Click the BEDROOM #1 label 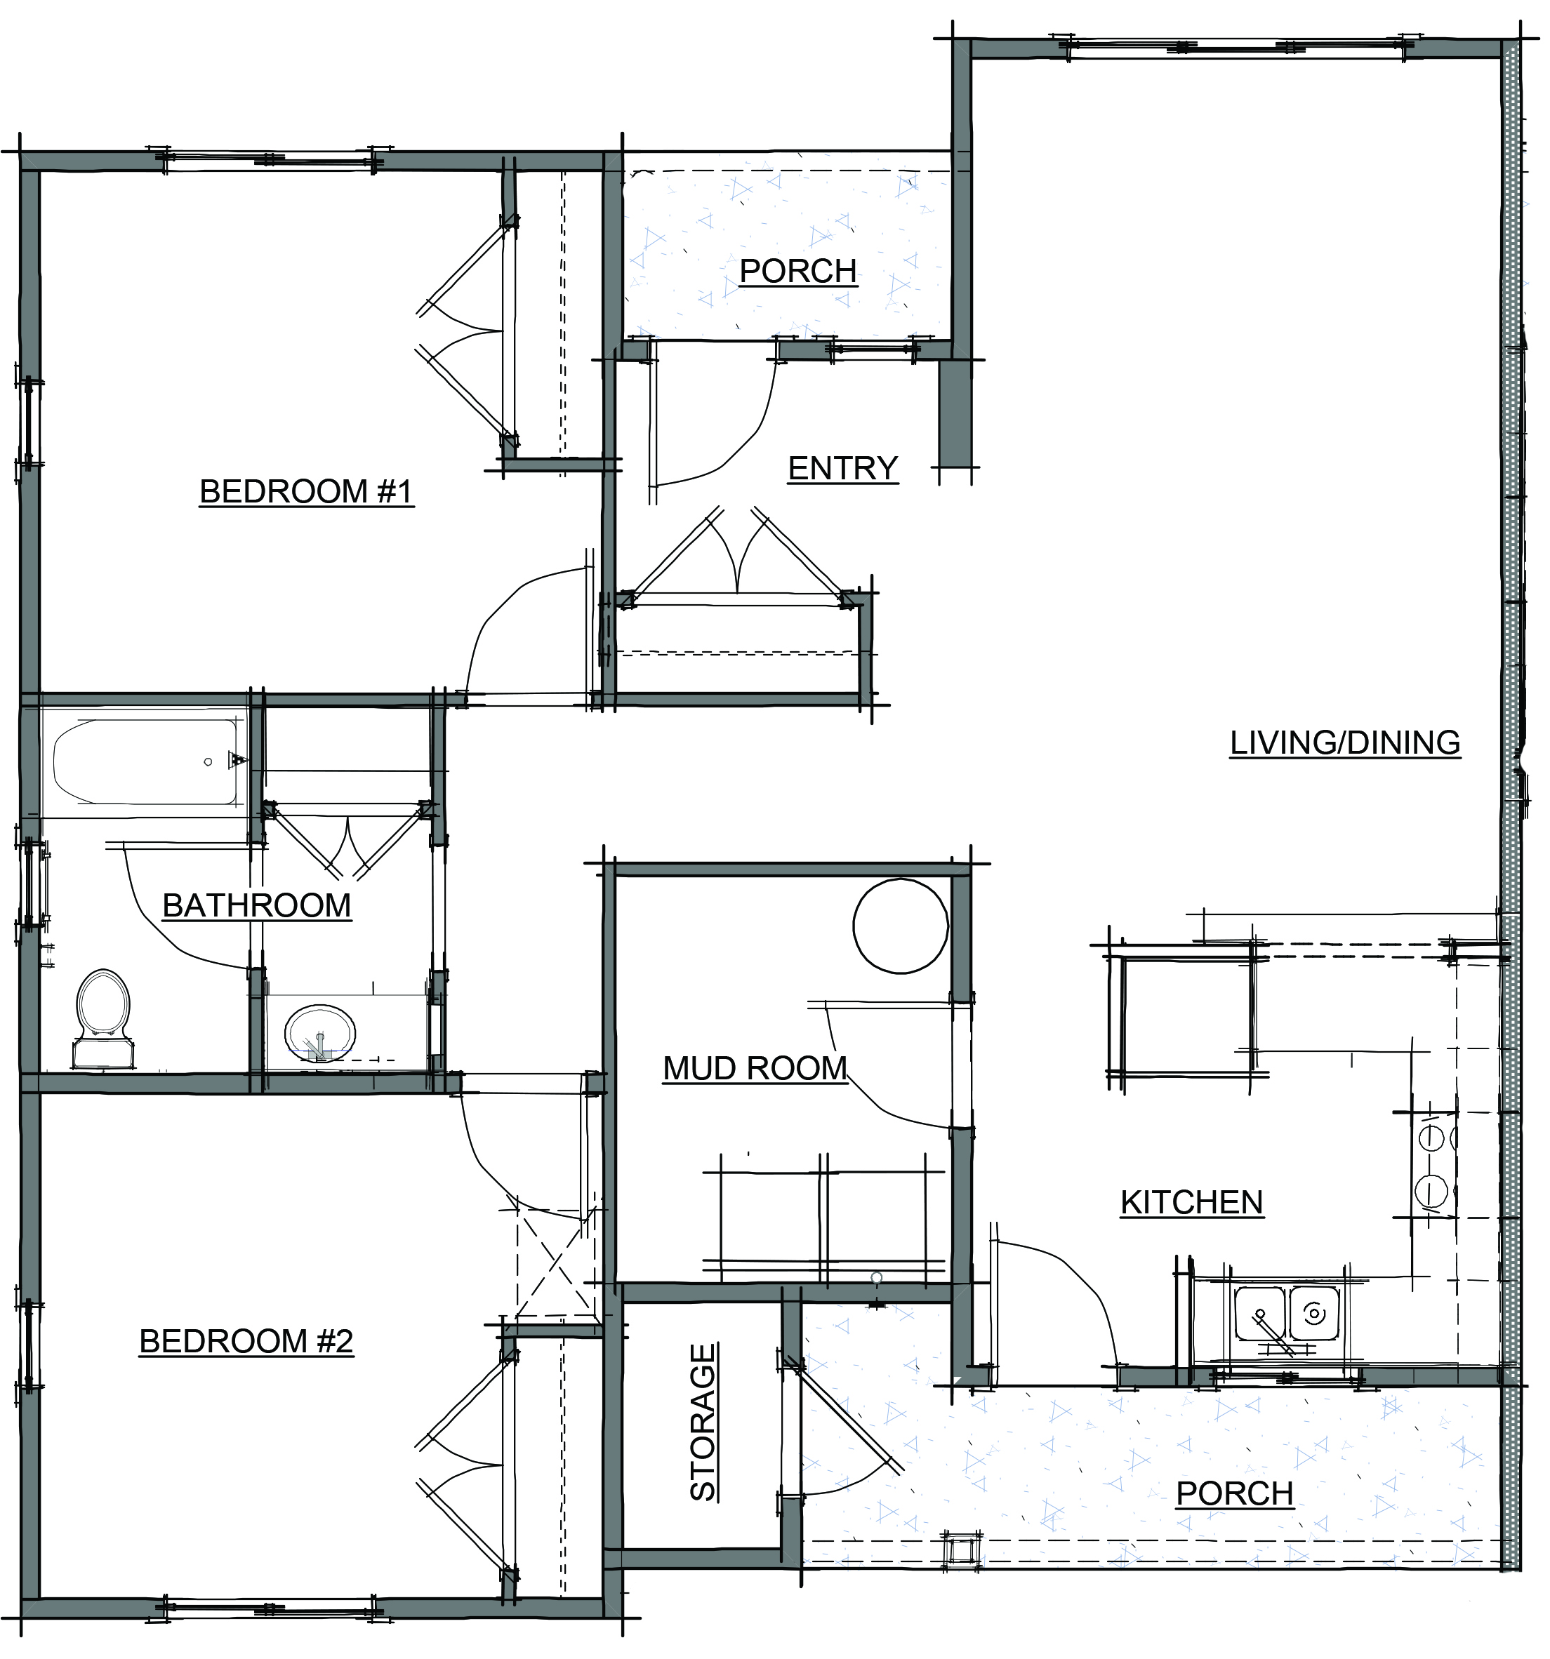(x=306, y=491)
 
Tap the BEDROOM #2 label (x=246, y=1341)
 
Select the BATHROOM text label (x=257, y=905)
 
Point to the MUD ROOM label (x=755, y=1068)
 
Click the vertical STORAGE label (x=703, y=1422)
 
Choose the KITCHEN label (x=1192, y=1203)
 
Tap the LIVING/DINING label (x=1346, y=742)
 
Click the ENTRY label (x=843, y=468)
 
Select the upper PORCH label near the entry (x=799, y=271)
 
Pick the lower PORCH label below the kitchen (x=1236, y=1494)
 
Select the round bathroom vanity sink (x=321, y=1034)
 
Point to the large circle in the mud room (x=901, y=926)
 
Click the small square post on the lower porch (x=962, y=1550)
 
